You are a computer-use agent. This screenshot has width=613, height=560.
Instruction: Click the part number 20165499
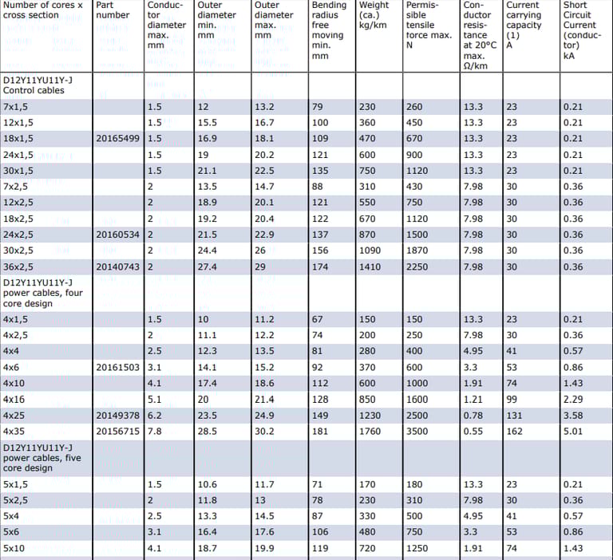click(x=117, y=139)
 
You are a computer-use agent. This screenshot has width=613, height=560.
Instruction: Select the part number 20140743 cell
click(x=117, y=266)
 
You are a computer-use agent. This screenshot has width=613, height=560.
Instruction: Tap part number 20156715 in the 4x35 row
click(x=117, y=432)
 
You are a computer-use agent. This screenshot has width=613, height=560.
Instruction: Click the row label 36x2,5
click(x=18, y=266)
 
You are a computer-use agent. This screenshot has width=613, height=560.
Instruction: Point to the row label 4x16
click(x=14, y=400)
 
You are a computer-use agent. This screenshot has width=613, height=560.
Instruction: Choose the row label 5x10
click(x=14, y=549)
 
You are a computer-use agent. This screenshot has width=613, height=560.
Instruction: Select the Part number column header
click(x=113, y=10)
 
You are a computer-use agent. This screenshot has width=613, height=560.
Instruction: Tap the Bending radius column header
click(x=329, y=30)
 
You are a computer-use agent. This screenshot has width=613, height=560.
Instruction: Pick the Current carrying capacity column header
click(x=524, y=21)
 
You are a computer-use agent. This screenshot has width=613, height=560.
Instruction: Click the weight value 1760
click(x=371, y=432)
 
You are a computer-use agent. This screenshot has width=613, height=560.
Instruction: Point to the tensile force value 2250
click(x=418, y=266)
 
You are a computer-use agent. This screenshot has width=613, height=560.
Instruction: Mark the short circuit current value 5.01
click(x=573, y=432)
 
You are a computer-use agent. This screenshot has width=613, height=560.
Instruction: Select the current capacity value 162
click(x=514, y=432)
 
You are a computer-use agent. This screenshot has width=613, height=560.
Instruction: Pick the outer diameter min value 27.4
click(x=208, y=266)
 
